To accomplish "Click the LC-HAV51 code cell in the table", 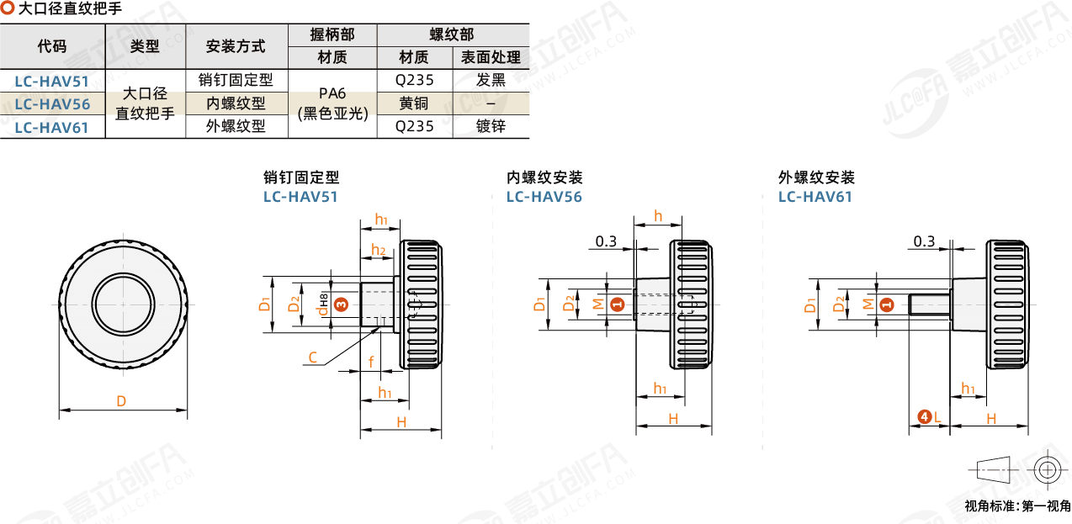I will [52, 81].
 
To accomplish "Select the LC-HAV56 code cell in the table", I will [52, 104].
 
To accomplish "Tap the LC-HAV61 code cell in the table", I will [52, 127].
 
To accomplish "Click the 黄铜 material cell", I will [414, 104].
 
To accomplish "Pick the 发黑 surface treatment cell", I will [491, 81].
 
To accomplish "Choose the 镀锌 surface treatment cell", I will [491, 127].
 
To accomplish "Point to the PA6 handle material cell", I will [332, 104].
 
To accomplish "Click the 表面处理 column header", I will [491, 57].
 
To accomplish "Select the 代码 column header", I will [52, 46].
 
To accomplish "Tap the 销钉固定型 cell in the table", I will [236, 81].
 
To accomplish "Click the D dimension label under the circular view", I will [121, 402].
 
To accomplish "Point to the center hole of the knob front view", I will [124, 304].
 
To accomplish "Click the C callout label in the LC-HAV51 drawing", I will [312, 358].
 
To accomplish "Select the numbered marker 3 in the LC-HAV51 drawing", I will [340, 304].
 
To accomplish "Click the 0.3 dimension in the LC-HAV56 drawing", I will [606, 242].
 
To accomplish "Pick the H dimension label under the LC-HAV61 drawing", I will [990, 418].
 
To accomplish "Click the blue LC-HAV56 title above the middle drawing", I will [544, 197].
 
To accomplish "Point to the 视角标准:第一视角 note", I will [1017, 506].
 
